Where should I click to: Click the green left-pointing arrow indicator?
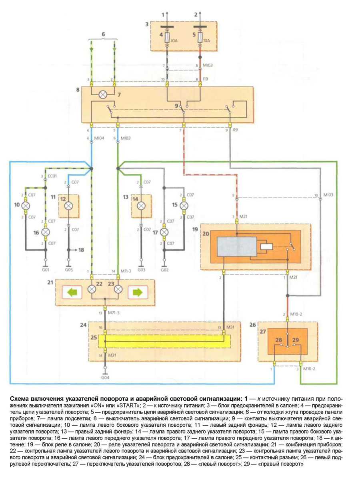(72, 293)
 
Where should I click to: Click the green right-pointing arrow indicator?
(138, 293)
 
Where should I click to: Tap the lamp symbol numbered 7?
(103, 95)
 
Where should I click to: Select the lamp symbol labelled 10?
(26, 206)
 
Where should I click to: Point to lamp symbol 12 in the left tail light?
(68, 205)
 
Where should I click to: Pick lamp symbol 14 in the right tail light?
(141, 205)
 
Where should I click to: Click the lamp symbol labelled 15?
(184, 205)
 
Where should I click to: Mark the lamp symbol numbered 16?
(46, 232)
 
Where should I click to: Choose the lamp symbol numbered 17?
(164, 232)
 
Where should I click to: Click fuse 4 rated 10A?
(167, 40)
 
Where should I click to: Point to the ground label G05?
(68, 270)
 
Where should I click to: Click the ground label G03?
(141, 270)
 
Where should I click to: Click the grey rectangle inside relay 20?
(237, 247)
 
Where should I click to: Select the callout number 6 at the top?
(103, 34)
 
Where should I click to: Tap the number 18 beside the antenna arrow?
(81, 250)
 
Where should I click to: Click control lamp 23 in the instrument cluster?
(118, 289)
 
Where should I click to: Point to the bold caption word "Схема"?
(20, 399)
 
